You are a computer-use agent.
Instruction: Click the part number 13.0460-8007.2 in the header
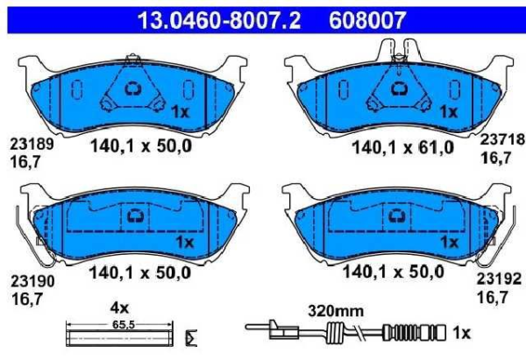(219, 20)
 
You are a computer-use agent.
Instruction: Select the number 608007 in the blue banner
(367, 20)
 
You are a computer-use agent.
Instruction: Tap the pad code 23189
(32, 145)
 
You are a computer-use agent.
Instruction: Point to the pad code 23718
(501, 139)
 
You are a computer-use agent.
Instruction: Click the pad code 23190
(32, 281)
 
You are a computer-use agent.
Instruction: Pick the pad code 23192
(499, 279)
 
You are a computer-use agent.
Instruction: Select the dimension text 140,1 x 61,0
(402, 147)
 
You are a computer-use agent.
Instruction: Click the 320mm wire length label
(336, 311)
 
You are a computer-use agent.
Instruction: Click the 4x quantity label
(119, 307)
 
